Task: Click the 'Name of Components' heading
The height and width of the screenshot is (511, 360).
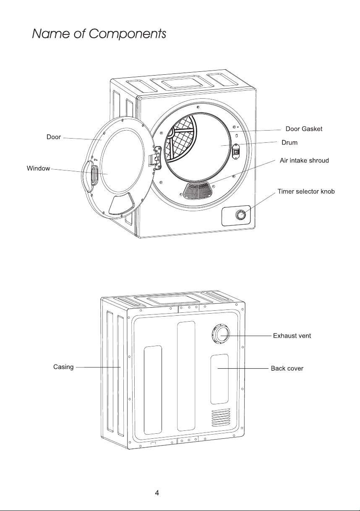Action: (x=99, y=34)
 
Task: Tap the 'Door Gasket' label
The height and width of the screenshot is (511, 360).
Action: (x=304, y=129)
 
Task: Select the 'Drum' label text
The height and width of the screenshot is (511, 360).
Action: (x=290, y=143)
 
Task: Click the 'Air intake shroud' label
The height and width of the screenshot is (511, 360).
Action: (x=304, y=160)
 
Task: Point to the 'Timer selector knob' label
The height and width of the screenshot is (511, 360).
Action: (x=306, y=191)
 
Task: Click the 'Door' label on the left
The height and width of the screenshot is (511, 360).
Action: (x=54, y=137)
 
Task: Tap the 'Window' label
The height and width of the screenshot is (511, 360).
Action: (x=38, y=168)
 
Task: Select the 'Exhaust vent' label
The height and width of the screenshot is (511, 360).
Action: (x=292, y=336)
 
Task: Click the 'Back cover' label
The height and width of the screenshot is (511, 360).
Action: (x=287, y=368)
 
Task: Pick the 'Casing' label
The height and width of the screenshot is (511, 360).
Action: (x=63, y=367)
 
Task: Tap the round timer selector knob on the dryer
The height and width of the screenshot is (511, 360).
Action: (x=240, y=215)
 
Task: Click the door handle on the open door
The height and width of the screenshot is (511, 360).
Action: (x=94, y=175)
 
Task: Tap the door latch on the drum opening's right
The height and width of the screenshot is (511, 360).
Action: (x=235, y=151)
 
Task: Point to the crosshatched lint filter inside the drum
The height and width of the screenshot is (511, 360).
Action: (x=180, y=138)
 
